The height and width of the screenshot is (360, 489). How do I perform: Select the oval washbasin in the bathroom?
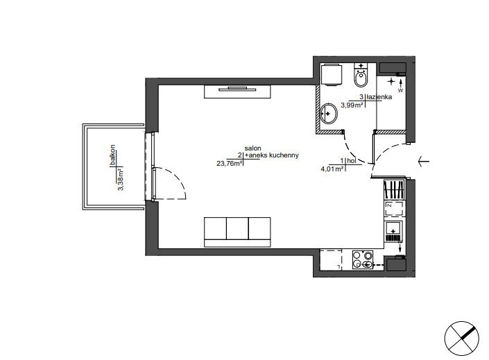point(329,113)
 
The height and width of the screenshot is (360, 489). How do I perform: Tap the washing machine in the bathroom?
point(331,74)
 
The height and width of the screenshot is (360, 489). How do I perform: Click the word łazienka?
point(379,97)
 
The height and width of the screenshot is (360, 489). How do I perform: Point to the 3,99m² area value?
point(352,105)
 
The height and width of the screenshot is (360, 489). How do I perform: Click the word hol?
point(352,161)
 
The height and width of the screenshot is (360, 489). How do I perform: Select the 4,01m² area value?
point(332,169)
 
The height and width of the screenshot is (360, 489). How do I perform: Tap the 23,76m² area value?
point(230,163)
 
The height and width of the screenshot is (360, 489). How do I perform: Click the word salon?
point(253,148)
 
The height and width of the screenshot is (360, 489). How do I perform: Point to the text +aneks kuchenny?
point(272,155)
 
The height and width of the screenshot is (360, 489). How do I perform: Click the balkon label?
point(112,155)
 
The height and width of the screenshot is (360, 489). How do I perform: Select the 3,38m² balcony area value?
point(121,180)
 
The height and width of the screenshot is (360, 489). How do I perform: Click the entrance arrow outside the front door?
point(424,162)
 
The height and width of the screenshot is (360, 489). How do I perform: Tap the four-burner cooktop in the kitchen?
point(363,259)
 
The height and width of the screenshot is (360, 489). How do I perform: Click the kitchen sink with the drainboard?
point(394,232)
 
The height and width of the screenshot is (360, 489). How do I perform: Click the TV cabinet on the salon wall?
point(237,92)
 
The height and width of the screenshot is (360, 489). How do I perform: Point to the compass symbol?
point(461,338)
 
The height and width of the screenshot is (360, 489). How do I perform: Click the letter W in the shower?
point(401,91)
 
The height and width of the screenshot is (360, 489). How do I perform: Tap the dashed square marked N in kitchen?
point(394,208)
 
